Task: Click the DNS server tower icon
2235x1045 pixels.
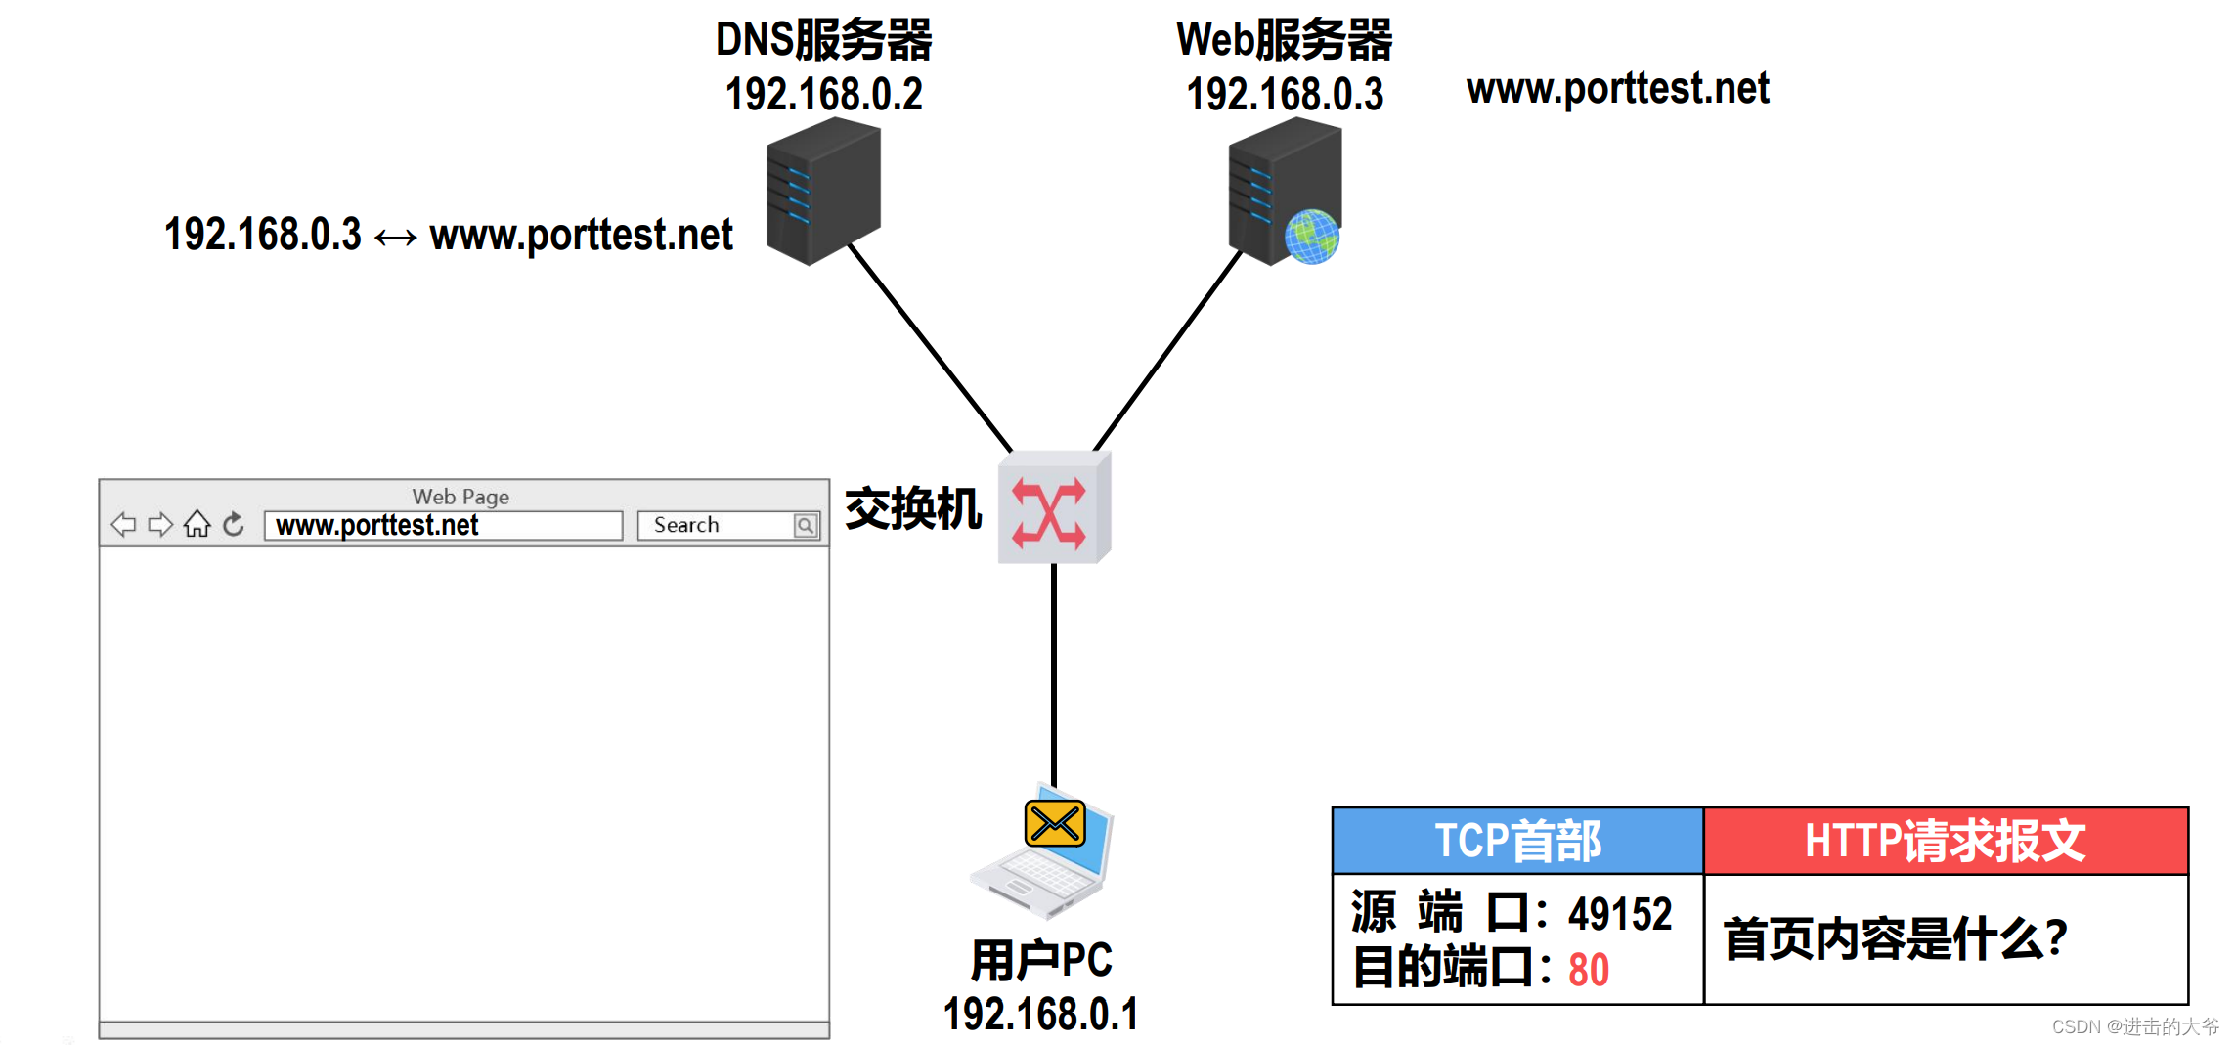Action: [823, 192]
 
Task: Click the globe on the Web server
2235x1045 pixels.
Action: [1311, 237]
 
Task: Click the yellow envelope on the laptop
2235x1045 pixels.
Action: [1055, 823]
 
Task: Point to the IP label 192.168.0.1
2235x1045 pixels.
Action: [1040, 1015]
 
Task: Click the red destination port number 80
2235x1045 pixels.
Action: [1589, 970]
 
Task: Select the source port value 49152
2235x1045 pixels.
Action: [1620, 914]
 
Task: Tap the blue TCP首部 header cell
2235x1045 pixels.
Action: [1517, 841]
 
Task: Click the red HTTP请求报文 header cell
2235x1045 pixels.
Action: [1946, 841]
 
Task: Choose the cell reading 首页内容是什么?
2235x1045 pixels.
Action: [1895, 939]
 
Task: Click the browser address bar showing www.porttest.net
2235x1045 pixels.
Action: [443, 526]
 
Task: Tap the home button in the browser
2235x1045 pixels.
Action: [197, 525]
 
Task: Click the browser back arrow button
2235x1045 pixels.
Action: [123, 525]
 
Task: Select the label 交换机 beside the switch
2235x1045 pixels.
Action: [913, 509]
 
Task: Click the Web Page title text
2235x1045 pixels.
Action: [460, 497]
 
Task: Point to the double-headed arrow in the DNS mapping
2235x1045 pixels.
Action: [395, 237]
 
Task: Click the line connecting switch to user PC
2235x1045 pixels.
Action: [1053, 675]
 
